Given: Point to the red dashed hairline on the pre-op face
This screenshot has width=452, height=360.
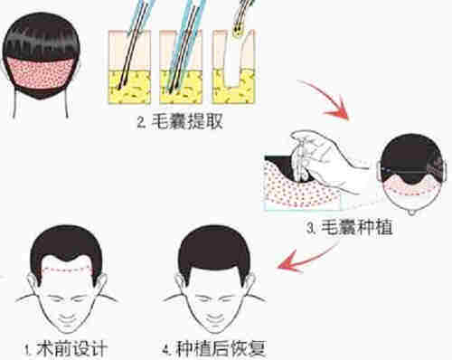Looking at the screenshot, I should pyautogui.click(x=69, y=270).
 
